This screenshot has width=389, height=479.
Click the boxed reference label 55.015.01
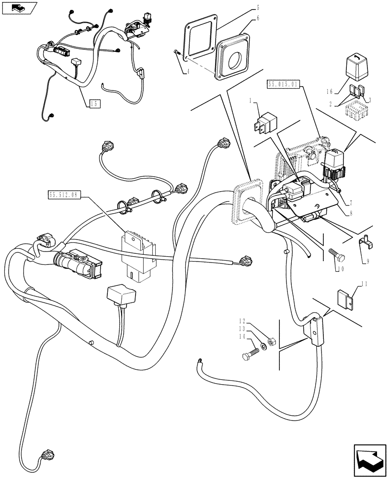[282, 84]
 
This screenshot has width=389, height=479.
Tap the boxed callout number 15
[94, 103]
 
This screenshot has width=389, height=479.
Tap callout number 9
[367, 262]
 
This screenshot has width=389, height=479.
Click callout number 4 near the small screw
[187, 72]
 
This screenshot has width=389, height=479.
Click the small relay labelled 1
[264, 122]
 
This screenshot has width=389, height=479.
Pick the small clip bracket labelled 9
[365, 244]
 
